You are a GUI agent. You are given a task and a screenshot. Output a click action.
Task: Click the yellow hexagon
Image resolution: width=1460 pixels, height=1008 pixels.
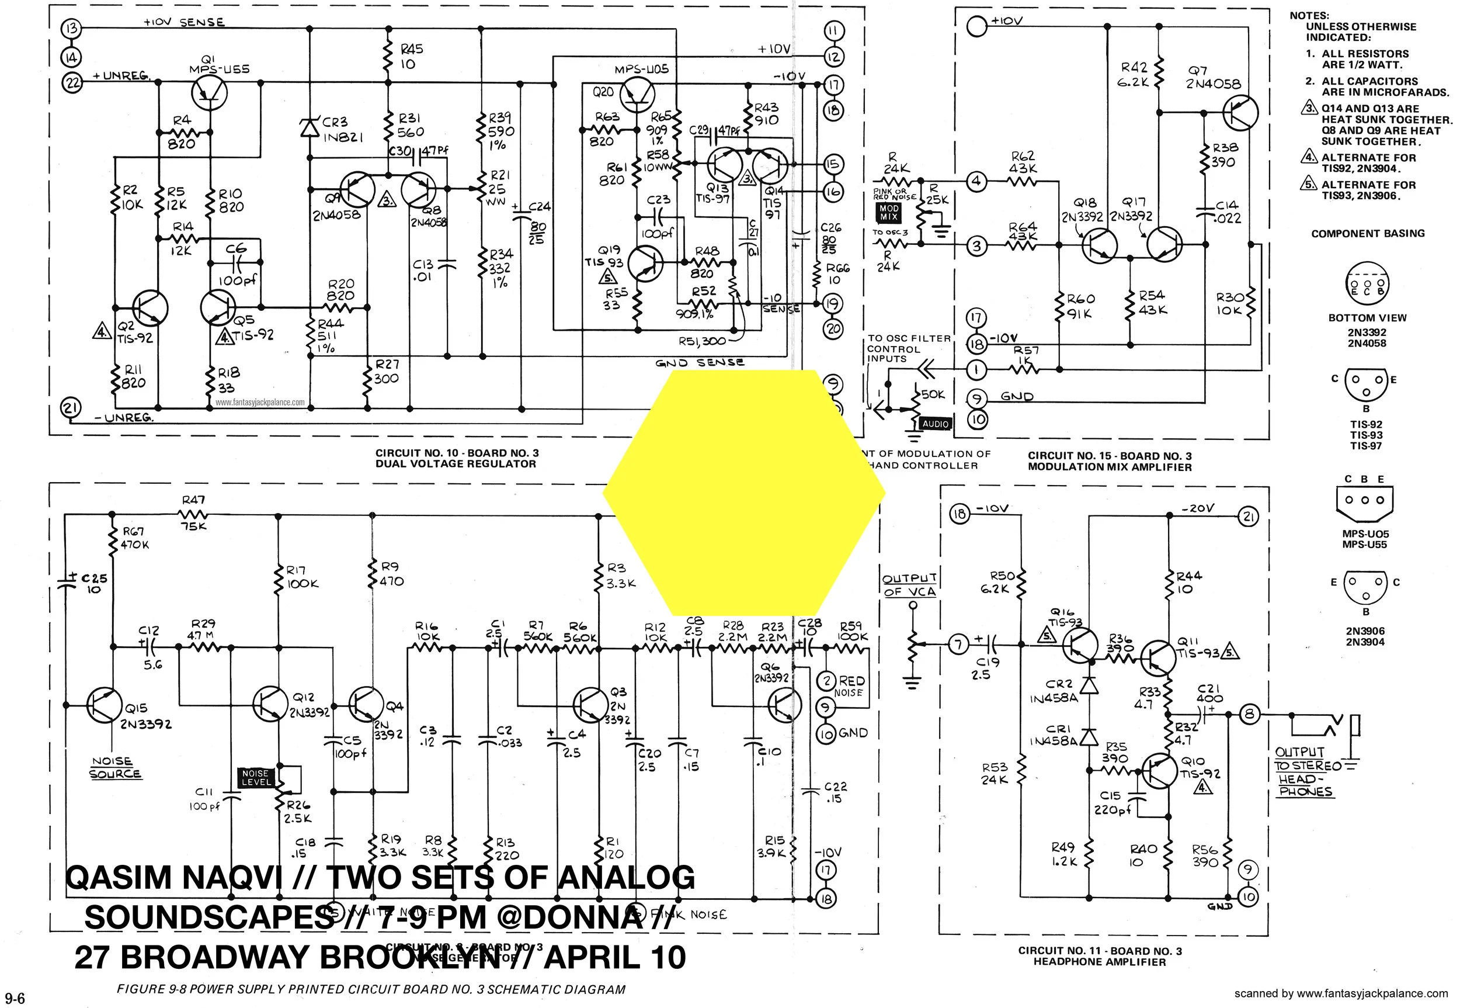click(x=743, y=493)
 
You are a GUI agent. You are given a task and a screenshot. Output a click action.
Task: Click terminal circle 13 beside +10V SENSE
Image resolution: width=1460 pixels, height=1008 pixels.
click(x=72, y=29)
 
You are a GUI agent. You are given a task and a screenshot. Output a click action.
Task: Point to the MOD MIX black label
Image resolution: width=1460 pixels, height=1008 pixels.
click(x=889, y=212)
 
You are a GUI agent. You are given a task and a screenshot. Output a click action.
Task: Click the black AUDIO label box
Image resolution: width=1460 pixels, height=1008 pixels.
click(x=936, y=424)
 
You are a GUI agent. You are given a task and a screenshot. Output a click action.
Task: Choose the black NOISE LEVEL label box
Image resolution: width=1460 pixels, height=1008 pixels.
click(x=256, y=777)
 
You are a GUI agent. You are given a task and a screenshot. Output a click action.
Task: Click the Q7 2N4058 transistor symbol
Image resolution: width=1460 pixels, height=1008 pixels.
click(x=1240, y=113)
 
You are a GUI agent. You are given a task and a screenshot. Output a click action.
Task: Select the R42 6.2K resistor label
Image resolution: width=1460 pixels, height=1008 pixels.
click(x=1134, y=74)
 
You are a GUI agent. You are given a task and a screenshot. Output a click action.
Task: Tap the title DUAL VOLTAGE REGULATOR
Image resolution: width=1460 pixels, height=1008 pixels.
click(x=456, y=463)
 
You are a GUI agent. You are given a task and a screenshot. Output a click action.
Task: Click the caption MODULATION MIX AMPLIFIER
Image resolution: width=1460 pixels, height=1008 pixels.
click(x=1110, y=467)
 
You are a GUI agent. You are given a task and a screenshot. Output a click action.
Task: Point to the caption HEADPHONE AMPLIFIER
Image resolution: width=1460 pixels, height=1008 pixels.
click(x=1100, y=962)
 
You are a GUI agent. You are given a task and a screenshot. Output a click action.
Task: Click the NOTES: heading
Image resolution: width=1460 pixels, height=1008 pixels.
click(x=1309, y=15)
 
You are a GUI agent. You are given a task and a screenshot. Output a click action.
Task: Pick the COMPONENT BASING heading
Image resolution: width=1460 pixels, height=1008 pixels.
click(x=1368, y=234)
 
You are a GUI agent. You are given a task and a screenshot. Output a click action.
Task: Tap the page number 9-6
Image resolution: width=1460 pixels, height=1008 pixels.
click(x=13, y=998)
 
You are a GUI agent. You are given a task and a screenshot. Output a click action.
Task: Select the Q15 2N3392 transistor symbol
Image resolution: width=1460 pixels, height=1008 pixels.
click(x=103, y=705)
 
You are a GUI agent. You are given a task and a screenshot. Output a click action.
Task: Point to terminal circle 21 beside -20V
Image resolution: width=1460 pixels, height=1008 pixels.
click(x=1248, y=517)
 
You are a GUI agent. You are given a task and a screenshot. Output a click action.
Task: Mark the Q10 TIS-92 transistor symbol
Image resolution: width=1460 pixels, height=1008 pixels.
click(x=1160, y=771)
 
